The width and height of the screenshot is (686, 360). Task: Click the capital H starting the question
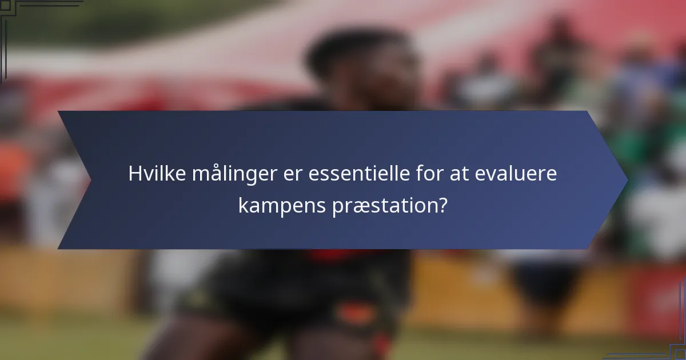coord(135,174)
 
